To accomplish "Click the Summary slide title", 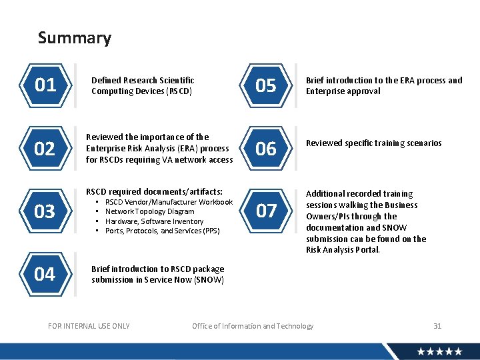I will (x=75, y=38).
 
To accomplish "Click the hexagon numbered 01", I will (x=45, y=85).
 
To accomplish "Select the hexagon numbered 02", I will (x=45, y=149).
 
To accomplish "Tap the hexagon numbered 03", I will (x=45, y=212).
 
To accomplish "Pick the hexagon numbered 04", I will (x=45, y=274).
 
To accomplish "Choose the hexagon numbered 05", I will (x=266, y=85).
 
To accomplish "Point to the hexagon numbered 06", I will (x=266, y=149).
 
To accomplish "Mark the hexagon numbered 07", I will (x=266, y=211).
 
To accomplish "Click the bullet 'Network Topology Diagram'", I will (x=150, y=211).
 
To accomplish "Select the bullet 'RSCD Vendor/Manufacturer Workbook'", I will (x=169, y=202).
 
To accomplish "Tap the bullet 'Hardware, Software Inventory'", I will (x=155, y=221).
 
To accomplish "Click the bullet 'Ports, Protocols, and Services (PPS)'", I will (x=162, y=231).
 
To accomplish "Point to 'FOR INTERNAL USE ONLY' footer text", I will (x=89, y=326).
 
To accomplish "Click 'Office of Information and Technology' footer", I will (x=253, y=326).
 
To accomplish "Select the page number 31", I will (x=437, y=326).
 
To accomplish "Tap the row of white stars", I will (x=439, y=351).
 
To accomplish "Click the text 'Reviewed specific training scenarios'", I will (x=373, y=143).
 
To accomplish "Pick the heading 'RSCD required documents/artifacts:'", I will (x=154, y=192).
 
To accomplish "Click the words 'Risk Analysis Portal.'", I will (x=343, y=250).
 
